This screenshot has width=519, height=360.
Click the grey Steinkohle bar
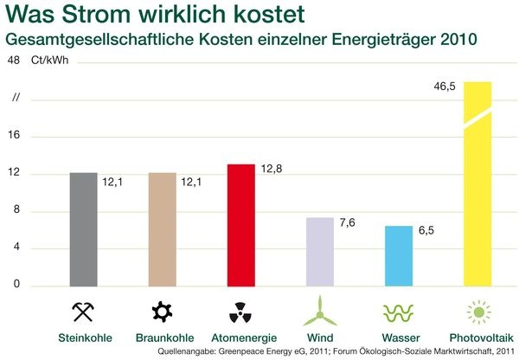click(x=83, y=229)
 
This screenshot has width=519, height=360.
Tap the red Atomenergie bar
click(x=240, y=225)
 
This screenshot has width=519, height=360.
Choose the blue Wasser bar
click(x=398, y=256)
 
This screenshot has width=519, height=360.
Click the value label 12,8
click(x=272, y=167)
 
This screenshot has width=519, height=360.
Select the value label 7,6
click(x=349, y=222)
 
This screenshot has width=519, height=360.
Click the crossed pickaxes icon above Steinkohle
click(x=83, y=310)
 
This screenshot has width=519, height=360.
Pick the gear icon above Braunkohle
click(x=162, y=310)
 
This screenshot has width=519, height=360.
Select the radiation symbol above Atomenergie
click(x=240, y=310)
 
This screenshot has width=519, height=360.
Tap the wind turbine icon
click(x=319, y=309)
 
